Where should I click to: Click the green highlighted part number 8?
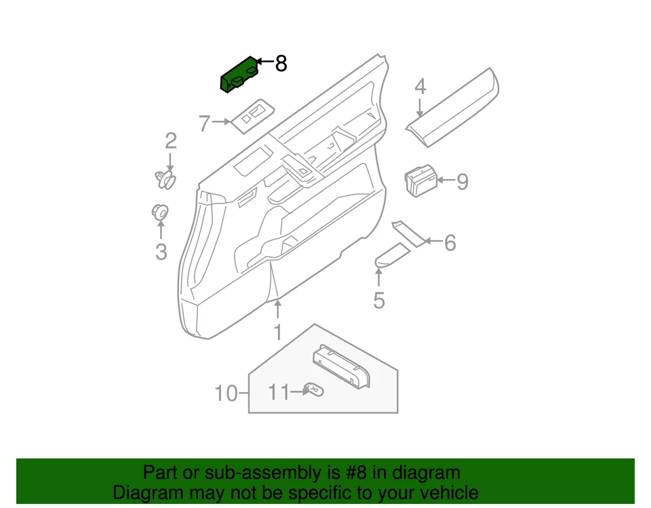(239, 75)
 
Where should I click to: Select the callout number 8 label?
(281, 64)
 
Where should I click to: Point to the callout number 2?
(171, 141)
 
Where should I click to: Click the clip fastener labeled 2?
(165, 180)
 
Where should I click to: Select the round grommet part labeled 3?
(160, 212)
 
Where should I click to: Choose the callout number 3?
(161, 252)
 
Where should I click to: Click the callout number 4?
(420, 87)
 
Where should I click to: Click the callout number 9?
(462, 182)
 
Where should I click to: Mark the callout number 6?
(450, 242)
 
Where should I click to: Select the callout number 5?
(379, 299)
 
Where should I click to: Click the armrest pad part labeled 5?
(392, 256)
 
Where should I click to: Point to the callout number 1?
(277, 332)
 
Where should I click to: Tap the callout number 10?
(226, 393)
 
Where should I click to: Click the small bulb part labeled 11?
(315, 389)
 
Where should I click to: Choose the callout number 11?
(278, 392)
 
